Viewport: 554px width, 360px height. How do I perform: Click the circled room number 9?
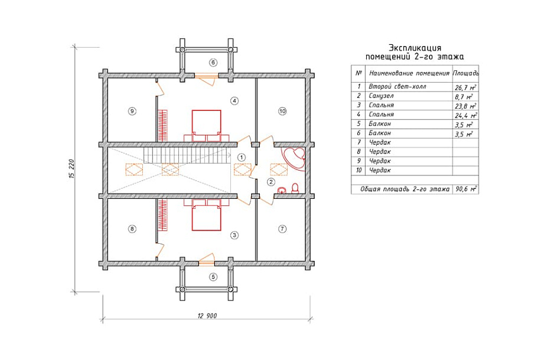tap(132, 111)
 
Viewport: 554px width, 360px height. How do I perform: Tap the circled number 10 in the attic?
tap(282, 111)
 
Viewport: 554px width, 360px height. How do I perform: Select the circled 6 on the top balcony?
tap(213, 63)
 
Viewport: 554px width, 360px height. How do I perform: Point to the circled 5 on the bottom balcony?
tap(213, 277)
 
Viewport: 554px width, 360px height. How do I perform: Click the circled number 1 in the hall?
tap(242, 157)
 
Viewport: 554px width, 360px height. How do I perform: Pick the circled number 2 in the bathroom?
tap(271, 182)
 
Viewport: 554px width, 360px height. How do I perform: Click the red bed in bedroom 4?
tap(206, 126)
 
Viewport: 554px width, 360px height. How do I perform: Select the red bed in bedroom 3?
tap(206, 215)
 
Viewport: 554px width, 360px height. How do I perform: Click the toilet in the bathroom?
tap(295, 188)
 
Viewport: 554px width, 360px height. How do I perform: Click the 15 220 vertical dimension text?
tap(72, 169)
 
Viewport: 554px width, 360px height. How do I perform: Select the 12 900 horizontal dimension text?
tap(207, 316)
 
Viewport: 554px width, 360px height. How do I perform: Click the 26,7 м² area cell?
tap(465, 87)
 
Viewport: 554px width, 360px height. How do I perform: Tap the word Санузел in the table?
tap(381, 96)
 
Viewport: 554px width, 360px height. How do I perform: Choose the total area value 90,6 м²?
tap(466, 189)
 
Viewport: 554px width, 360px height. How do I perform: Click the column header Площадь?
tap(465, 73)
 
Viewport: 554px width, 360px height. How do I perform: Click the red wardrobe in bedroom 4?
tap(162, 126)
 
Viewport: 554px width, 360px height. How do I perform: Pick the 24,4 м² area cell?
tap(466, 115)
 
